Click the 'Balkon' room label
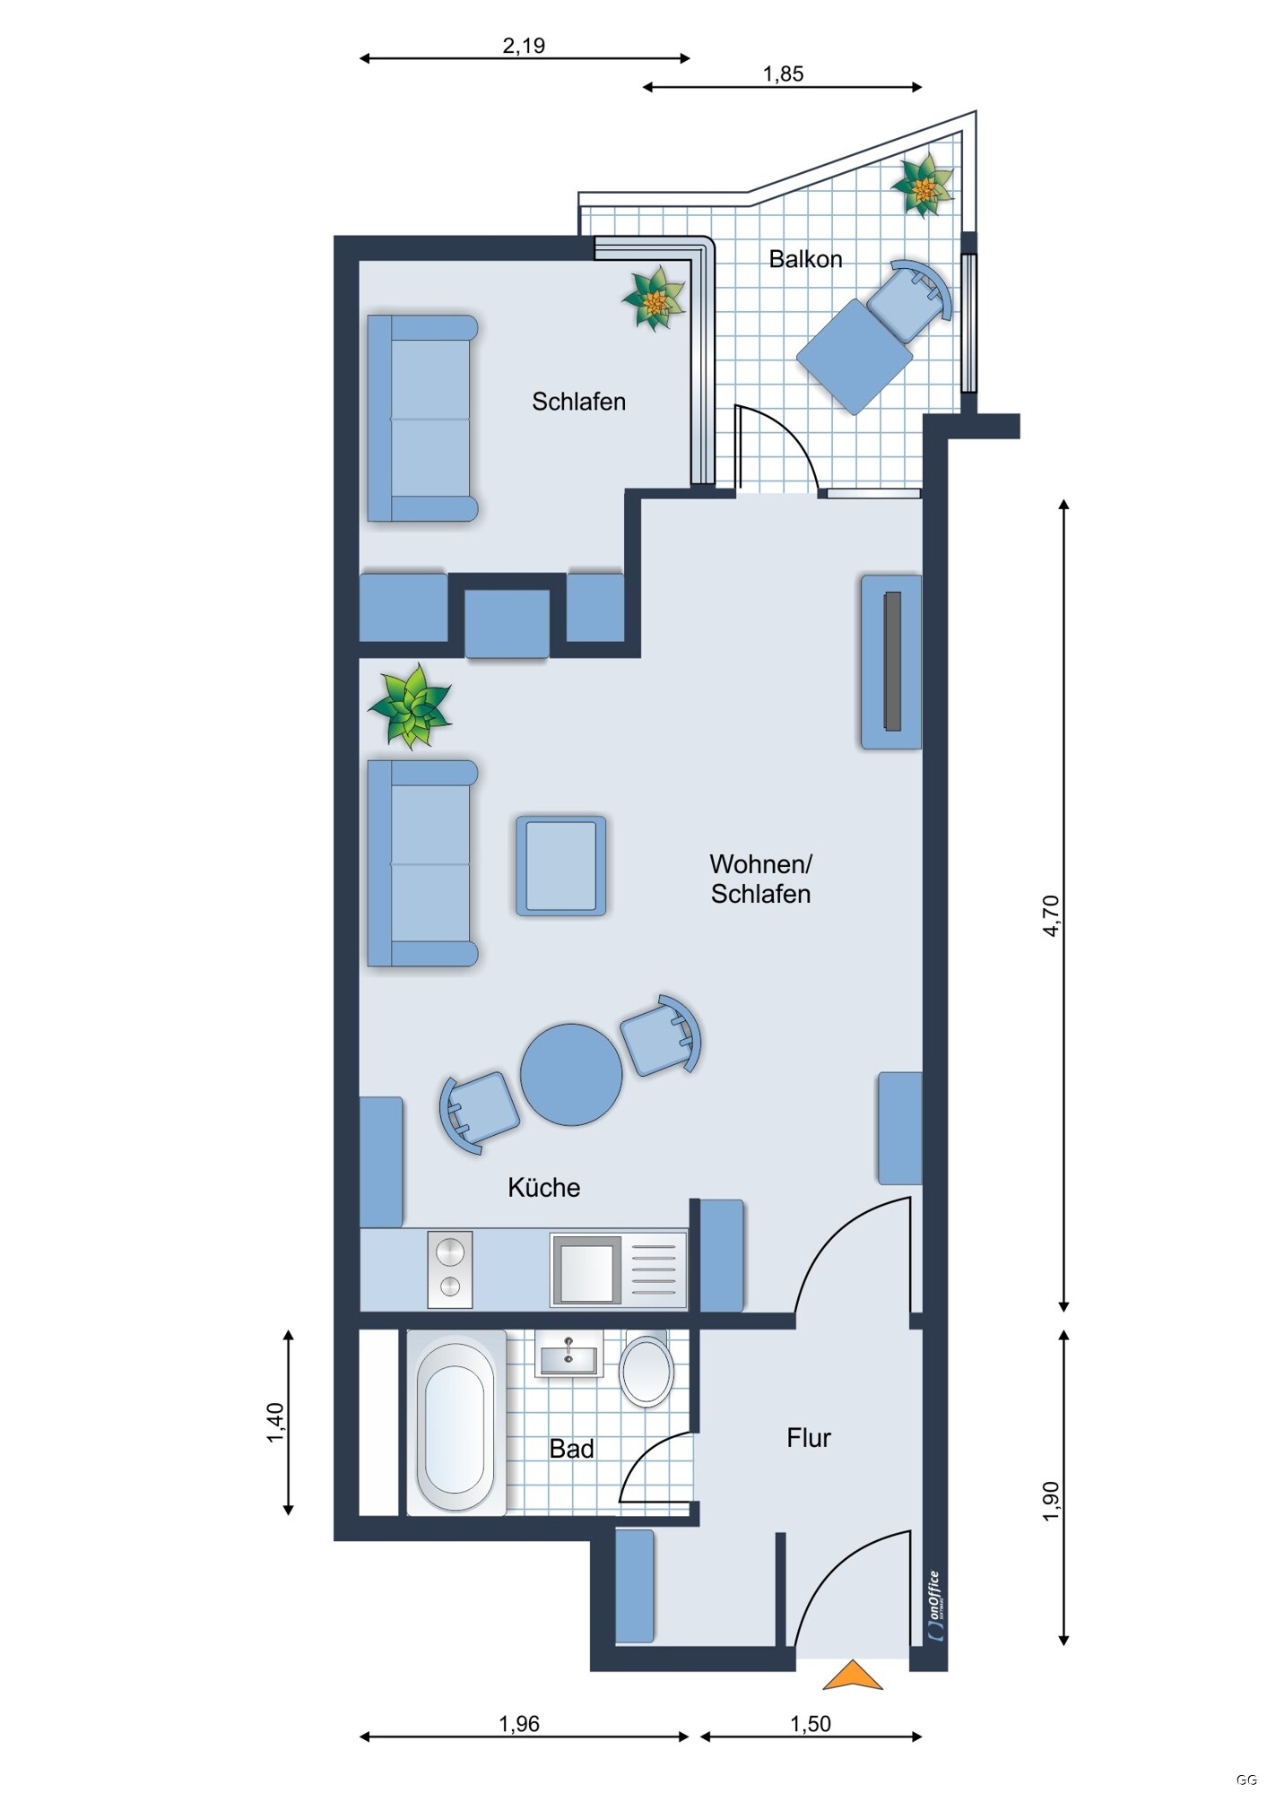(805, 259)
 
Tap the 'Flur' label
(808, 1438)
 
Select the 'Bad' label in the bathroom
(571, 1449)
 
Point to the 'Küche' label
(543, 1187)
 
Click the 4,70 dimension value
(1051, 915)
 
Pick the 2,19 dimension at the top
(524, 46)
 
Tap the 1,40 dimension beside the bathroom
(275, 1423)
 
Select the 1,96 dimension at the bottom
(519, 1723)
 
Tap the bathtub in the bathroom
(456, 1425)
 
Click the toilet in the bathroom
(647, 1370)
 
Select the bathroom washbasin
(568, 1353)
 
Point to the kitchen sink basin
(586, 1269)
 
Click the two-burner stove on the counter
(450, 1269)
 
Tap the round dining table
(571, 1074)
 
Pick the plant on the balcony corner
(922, 186)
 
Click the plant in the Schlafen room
(654, 298)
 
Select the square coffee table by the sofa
(560, 865)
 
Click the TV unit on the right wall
(891, 662)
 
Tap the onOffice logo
(935, 1606)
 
